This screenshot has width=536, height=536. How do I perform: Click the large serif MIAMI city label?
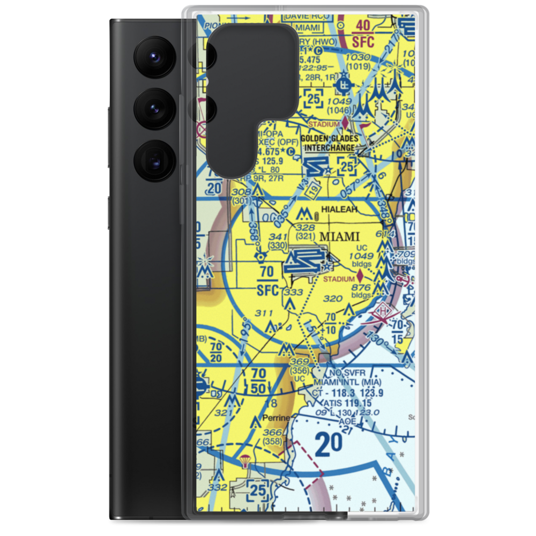click(x=339, y=236)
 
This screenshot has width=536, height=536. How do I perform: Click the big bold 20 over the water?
click(x=329, y=444)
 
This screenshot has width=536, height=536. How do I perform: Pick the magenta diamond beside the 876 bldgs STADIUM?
click(x=360, y=277)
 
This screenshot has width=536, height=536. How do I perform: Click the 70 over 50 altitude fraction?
click(x=258, y=380)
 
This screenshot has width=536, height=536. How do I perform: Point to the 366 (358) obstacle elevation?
click(x=272, y=437)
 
